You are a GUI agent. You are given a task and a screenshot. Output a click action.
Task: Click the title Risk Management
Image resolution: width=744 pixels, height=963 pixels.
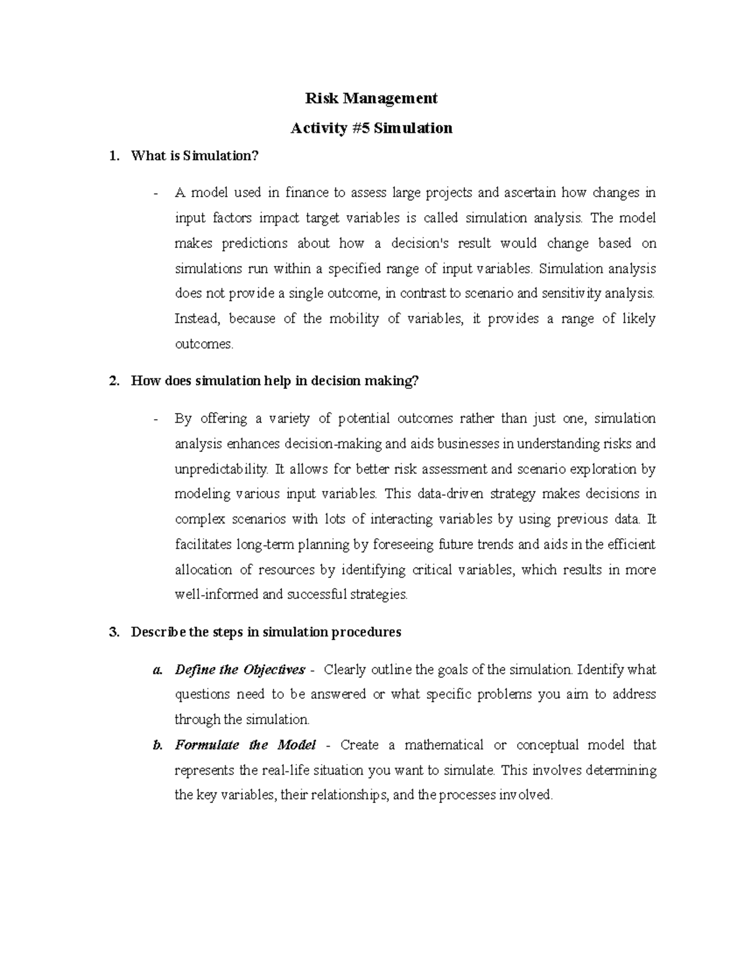pyautogui.click(x=371, y=98)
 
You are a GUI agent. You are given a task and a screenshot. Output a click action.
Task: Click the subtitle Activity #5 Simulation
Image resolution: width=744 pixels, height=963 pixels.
pyautogui.click(x=371, y=128)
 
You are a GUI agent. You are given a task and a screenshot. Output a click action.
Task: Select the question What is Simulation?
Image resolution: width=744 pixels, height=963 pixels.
pyautogui.click(x=194, y=156)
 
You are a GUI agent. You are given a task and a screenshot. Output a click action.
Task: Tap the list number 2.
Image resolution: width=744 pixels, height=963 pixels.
pyautogui.click(x=113, y=381)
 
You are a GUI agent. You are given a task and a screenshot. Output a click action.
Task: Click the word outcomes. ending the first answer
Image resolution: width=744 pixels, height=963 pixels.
pyautogui.click(x=204, y=344)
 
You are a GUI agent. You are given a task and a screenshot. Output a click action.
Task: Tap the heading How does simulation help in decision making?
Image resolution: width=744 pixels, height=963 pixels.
pyautogui.click(x=275, y=381)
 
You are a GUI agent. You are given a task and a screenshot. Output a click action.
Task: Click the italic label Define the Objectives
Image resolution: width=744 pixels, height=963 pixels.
pyautogui.click(x=240, y=670)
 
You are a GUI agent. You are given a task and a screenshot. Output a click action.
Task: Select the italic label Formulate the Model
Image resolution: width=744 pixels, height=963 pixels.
pyautogui.click(x=246, y=745)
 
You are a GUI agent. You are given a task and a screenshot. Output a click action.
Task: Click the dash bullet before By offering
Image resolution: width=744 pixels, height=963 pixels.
pyautogui.click(x=156, y=419)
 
